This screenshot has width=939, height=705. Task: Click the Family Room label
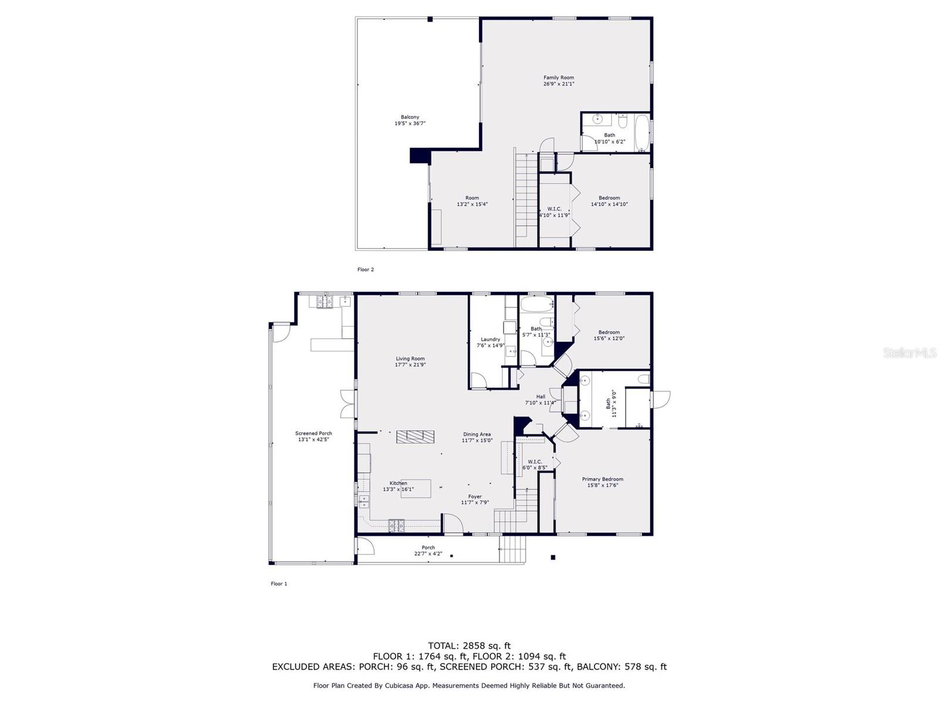pyautogui.click(x=558, y=78)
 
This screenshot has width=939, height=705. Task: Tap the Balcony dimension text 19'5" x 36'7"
pyautogui.click(x=410, y=123)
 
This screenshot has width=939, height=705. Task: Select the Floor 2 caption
pyautogui.click(x=365, y=270)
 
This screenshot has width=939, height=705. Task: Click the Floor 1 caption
pyautogui.click(x=279, y=584)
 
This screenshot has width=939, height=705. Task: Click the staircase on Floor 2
pyautogui.click(x=526, y=200)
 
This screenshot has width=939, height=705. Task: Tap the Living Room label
pyautogui.click(x=410, y=358)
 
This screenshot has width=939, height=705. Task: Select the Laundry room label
pyautogui.click(x=490, y=340)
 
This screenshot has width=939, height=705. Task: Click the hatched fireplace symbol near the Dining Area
pyautogui.click(x=415, y=436)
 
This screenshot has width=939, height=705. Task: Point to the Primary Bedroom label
pyautogui.click(x=602, y=479)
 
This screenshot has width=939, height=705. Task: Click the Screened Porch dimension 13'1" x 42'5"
pyautogui.click(x=313, y=439)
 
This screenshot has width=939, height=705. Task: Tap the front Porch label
pyautogui.click(x=428, y=548)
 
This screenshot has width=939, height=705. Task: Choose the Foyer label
pyautogui.click(x=475, y=496)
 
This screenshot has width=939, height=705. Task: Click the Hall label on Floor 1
pyautogui.click(x=540, y=397)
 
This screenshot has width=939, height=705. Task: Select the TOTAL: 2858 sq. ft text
pyautogui.click(x=469, y=646)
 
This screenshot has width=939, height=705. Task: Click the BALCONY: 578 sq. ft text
pyautogui.click(x=622, y=667)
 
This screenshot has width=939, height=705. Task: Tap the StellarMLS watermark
pyautogui.click(x=909, y=352)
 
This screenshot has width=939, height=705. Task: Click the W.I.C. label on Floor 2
pyautogui.click(x=554, y=209)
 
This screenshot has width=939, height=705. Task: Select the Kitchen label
pyautogui.click(x=398, y=483)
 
